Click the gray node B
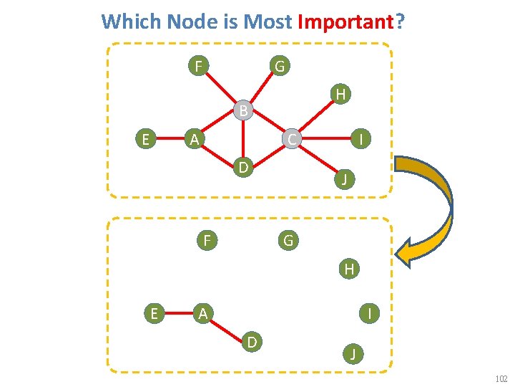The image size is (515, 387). (244, 110)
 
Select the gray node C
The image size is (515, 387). (292, 138)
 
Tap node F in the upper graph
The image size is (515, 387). (198, 67)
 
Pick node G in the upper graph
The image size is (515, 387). (280, 67)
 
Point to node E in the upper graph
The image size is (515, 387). (146, 139)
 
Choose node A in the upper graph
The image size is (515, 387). (192, 139)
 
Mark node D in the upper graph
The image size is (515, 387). (243, 168)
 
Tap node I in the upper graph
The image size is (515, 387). (363, 139)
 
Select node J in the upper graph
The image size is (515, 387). (344, 179)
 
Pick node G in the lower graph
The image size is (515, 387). (288, 240)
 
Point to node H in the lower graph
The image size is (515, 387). (349, 269)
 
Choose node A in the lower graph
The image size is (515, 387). (203, 313)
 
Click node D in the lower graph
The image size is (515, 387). (252, 342)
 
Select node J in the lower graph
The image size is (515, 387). (352, 353)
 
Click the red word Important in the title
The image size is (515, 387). (345, 21)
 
